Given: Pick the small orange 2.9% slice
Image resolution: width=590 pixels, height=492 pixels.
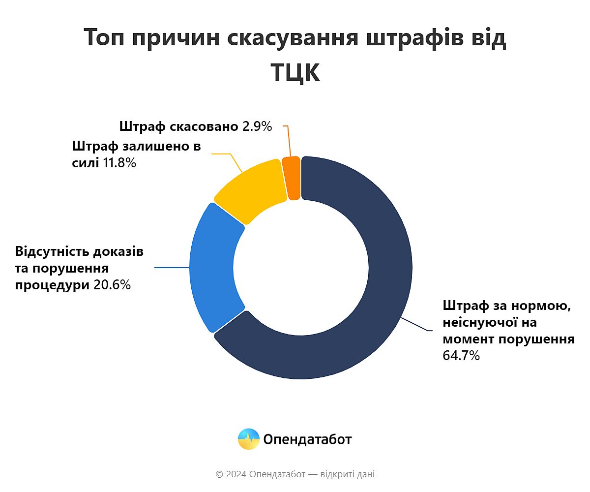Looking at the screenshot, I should point(292,178).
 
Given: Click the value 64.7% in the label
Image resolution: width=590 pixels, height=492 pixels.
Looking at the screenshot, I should point(461,356).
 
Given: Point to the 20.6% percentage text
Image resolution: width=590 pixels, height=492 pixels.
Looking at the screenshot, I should point(112,285).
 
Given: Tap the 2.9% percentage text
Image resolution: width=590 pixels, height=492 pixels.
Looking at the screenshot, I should point(257,126).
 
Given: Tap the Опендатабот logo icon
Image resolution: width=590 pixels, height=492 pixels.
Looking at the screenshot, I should point(248,439).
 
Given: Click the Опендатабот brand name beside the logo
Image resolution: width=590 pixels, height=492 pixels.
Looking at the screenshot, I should point(308,439).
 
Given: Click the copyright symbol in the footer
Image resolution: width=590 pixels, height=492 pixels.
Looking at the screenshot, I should point(219,474).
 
